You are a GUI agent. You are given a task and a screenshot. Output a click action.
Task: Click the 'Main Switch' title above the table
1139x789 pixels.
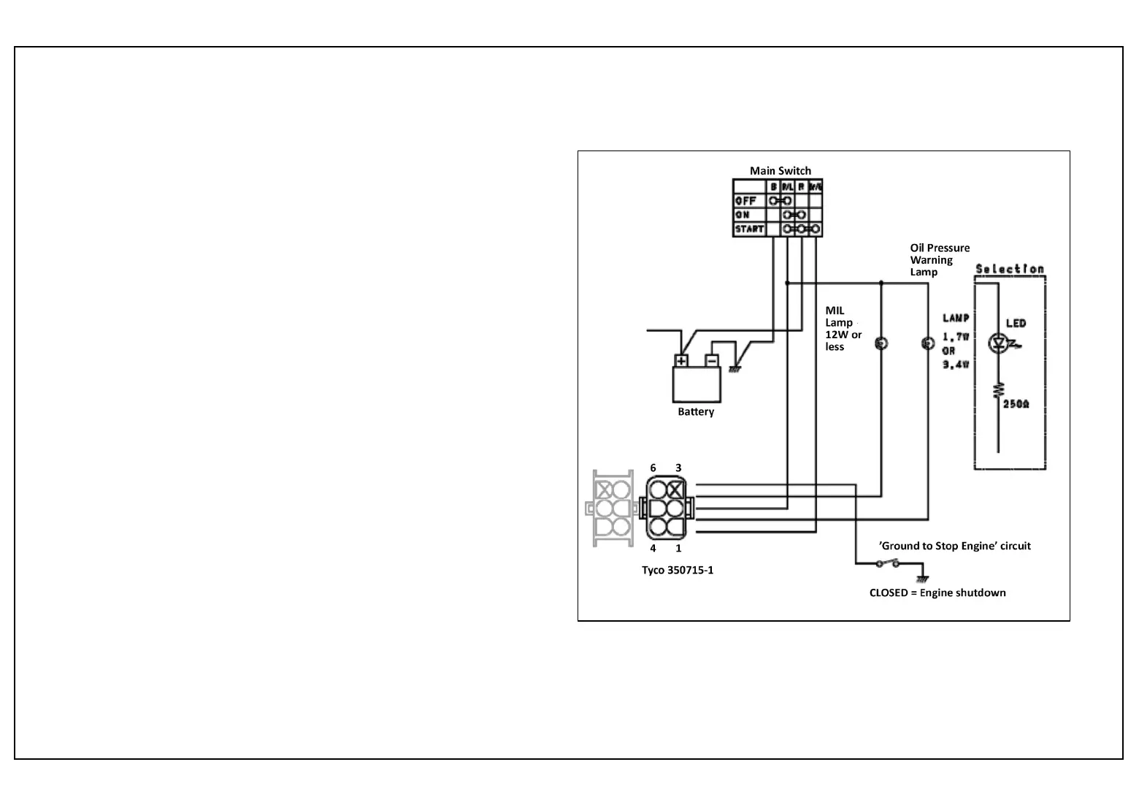click(x=780, y=171)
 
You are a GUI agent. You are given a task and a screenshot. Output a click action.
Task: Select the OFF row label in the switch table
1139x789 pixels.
click(x=745, y=201)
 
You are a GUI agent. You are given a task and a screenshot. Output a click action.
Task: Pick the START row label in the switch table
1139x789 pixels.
click(x=748, y=229)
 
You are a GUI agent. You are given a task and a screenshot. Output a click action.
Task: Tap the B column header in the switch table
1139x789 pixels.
click(x=773, y=187)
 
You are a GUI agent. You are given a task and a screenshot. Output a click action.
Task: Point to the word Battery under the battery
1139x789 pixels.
click(x=695, y=412)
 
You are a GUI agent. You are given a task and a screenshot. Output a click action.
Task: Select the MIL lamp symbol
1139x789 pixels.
click(x=881, y=343)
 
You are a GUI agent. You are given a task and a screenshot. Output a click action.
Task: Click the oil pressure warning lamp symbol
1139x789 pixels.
click(x=927, y=343)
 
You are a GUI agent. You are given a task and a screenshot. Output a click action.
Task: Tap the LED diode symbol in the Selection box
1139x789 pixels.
click(x=997, y=343)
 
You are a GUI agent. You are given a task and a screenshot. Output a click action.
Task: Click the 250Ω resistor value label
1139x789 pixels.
click(x=1016, y=404)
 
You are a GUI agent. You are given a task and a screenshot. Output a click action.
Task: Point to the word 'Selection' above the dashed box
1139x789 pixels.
click(x=1010, y=269)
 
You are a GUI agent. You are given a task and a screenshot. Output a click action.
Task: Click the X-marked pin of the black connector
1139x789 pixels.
click(x=676, y=489)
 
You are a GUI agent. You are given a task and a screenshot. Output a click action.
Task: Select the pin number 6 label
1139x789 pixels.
click(x=653, y=468)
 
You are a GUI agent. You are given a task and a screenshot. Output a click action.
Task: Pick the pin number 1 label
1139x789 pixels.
click(x=678, y=549)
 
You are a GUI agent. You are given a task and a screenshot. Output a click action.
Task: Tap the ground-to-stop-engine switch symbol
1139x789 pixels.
click(x=888, y=563)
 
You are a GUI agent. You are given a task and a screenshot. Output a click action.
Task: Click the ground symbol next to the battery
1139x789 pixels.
click(x=735, y=368)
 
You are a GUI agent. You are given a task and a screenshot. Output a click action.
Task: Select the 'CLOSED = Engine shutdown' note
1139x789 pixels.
click(x=937, y=592)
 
